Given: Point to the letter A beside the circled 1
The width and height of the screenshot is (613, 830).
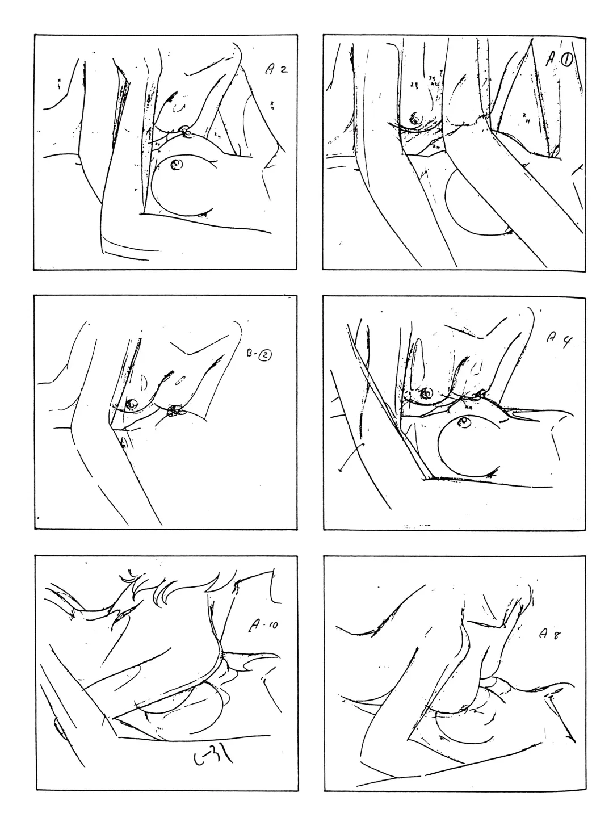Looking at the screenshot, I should click(550, 59).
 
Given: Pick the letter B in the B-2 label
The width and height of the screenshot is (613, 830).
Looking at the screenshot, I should click(250, 355).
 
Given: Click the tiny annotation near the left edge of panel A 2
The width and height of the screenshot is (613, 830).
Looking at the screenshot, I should click(58, 84).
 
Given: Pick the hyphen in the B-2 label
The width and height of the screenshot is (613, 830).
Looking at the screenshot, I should click(258, 356).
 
